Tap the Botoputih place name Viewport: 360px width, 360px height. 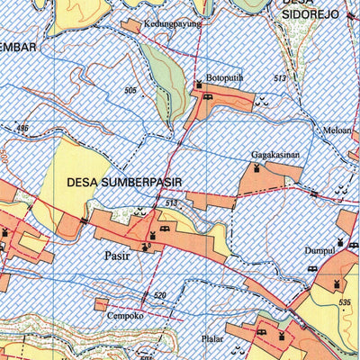pos(225,78)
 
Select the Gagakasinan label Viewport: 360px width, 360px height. pos(274,155)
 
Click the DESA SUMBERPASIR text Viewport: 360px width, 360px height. pos(124,182)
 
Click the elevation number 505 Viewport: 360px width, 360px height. pos(130,91)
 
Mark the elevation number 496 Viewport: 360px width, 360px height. pos(22,130)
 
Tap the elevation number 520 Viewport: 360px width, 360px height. pos(159,295)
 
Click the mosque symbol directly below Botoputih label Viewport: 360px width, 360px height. pos(199,85)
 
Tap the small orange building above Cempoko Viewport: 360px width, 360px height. pos(102,304)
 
